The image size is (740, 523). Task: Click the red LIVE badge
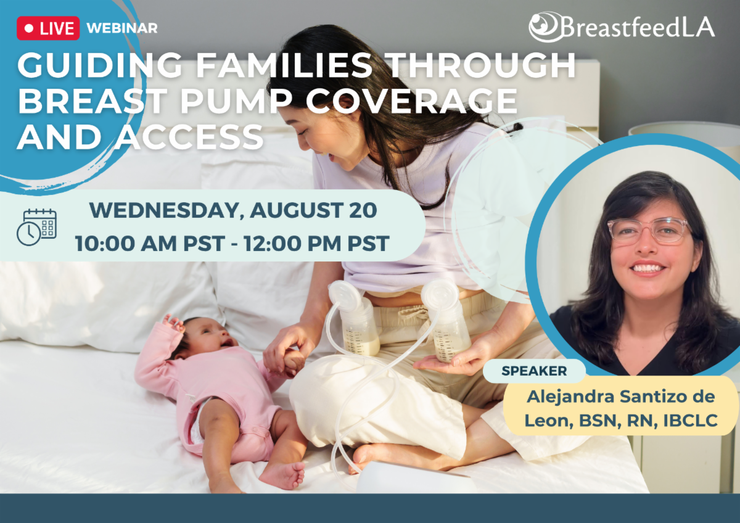coord(48,28)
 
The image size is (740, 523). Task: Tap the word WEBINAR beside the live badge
coord(122,28)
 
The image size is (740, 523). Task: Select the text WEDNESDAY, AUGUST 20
coord(233,210)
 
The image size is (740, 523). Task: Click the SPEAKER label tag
coord(533,371)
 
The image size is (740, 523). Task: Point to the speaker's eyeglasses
coord(647,231)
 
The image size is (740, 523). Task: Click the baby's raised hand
coord(173,322)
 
